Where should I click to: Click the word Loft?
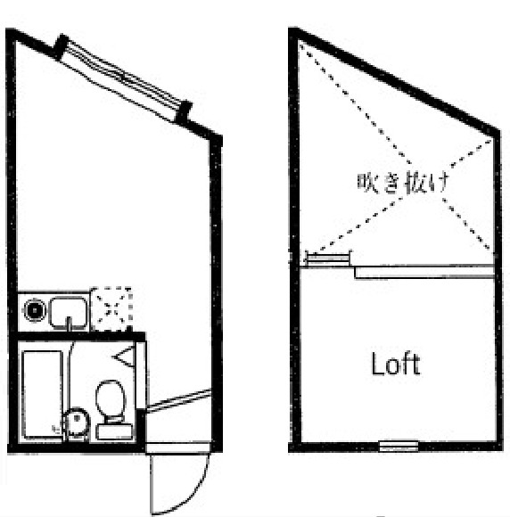click(x=396, y=364)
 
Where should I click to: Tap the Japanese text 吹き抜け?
click(x=403, y=182)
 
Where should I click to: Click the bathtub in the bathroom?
click(x=42, y=395)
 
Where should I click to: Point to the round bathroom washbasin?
click(x=77, y=422)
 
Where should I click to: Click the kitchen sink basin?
click(x=69, y=313)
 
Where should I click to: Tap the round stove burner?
click(x=34, y=310)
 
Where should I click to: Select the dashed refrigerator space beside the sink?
click(x=111, y=309)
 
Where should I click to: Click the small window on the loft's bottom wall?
click(x=399, y=446)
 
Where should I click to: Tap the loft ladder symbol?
click(x=328, y=258)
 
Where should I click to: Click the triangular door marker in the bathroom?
click(x=125, y=357)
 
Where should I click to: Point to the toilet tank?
click(x=114, y=432)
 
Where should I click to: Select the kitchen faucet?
click(x=69, y=323)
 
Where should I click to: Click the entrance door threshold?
click(x=178, y=447)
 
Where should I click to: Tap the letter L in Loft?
click(x=377, y=364)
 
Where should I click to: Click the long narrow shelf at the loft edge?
click(x=424, y=273)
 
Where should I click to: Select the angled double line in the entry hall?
click(x=178, y=400)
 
